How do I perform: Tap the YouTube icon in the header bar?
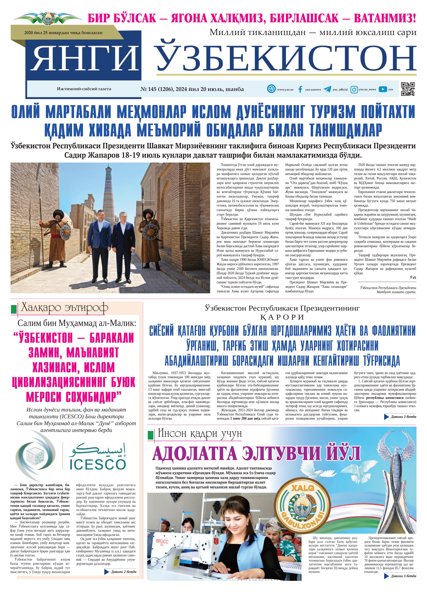(x=383, y=89)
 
